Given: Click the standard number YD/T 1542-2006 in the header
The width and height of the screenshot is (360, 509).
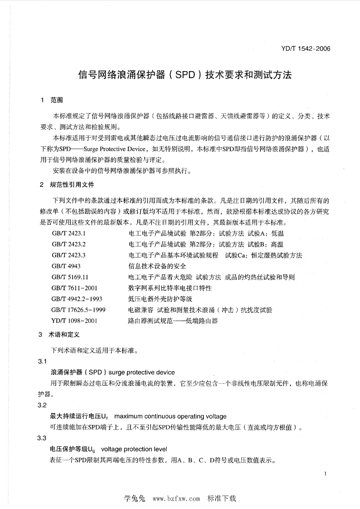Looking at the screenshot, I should [x=305, y=49].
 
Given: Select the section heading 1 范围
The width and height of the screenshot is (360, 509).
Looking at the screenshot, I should [x=49, y=100].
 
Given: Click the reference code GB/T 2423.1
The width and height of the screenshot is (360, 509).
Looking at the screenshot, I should [x=69, y=233].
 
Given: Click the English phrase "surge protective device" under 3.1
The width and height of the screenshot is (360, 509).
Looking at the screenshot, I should [x=141, y=372].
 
